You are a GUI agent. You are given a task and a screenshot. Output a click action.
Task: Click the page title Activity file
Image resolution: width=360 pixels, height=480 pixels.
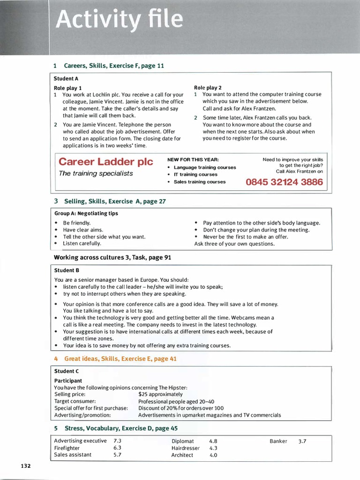[x=120, y=20]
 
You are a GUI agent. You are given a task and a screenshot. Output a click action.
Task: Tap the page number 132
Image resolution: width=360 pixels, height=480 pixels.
[x=26, y=465]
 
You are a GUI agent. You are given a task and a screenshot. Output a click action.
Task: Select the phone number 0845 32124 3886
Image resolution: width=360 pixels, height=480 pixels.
[x=284, y=182]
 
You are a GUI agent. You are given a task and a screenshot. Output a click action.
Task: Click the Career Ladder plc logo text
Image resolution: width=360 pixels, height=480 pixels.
[x=106, y=162]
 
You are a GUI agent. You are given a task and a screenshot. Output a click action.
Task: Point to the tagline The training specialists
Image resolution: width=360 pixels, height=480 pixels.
[x=96, y=173]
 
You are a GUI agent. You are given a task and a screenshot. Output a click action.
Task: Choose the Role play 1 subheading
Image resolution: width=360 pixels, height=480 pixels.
[x=68, y=88]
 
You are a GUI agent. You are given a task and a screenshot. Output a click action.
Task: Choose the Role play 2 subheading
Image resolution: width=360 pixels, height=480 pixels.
[x=208, y=88]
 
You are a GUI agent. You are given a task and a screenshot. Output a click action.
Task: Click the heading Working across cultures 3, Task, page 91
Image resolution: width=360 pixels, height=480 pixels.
[x=112, y=257]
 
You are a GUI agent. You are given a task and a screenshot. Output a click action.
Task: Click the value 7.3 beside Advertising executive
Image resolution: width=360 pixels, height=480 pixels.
[x=118, y=441]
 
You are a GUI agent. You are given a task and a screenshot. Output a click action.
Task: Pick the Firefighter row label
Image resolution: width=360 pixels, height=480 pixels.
[x=67, y=448]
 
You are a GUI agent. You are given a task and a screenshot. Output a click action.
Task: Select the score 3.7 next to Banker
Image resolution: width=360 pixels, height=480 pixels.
[x=302, y=441]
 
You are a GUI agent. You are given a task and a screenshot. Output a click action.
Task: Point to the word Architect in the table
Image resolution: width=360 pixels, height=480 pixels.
[x=182, y=455]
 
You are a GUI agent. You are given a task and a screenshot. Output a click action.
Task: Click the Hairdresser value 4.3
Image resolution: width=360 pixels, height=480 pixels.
[x=213, y=448]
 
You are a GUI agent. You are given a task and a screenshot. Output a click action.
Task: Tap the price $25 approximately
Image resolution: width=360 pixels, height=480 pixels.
[x=160, y=395]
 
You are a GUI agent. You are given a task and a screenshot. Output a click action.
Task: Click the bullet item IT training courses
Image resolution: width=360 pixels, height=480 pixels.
[x=195, y=174]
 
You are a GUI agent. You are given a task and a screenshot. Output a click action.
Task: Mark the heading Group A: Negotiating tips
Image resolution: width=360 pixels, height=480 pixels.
[x=86, y=213]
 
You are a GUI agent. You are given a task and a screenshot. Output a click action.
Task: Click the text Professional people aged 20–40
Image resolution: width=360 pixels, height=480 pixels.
[x=176, y=402]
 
